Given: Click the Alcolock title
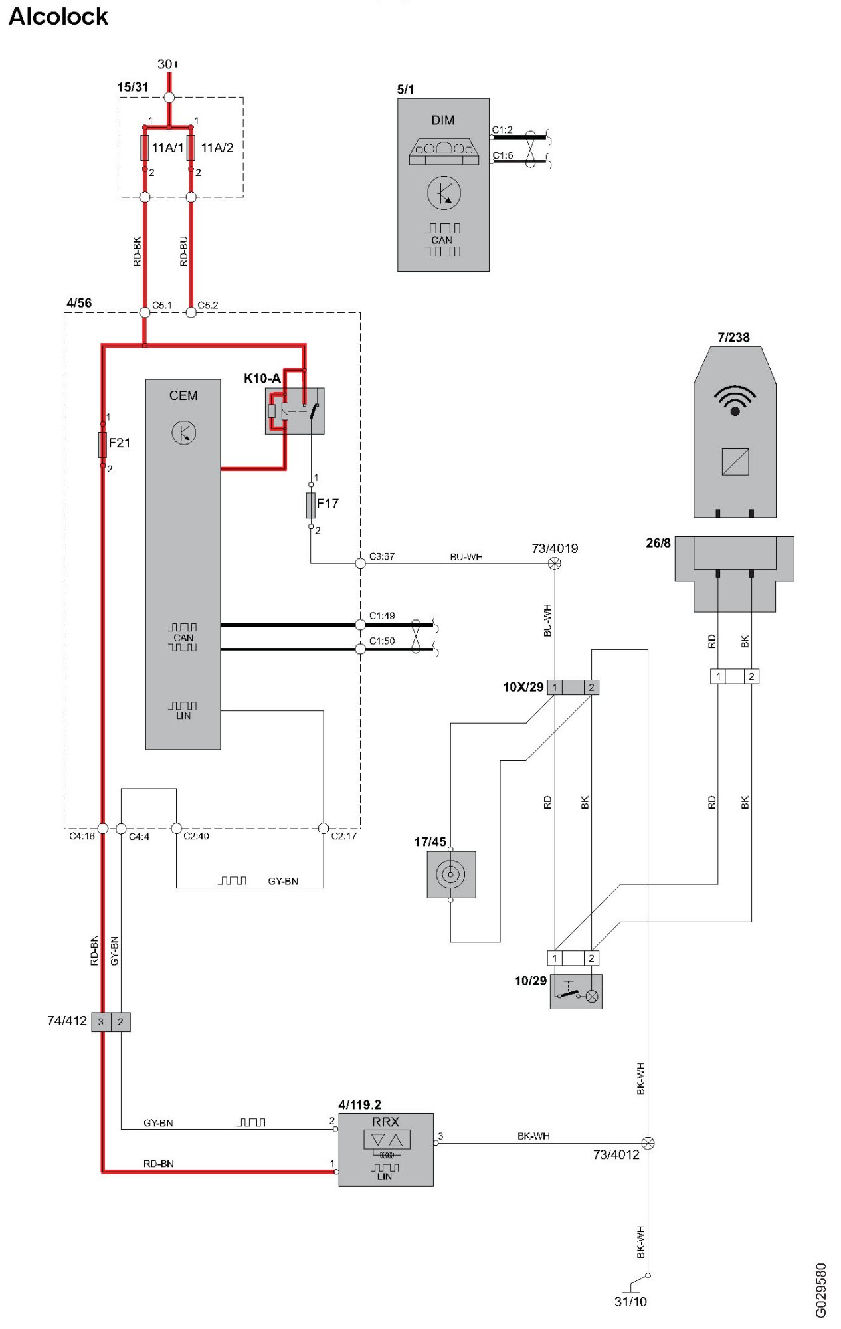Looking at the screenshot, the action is [58, 17].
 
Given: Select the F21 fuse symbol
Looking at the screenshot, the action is [102, 444].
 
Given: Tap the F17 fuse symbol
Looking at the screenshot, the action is [310, 505].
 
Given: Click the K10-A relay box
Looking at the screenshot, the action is [294, 411].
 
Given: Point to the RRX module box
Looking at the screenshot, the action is [386, 1150].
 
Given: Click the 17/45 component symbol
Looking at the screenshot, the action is [451, 874].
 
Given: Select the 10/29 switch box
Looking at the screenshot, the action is [576, 991].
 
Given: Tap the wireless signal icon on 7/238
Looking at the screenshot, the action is [735, 400].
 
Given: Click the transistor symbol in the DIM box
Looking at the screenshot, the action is [444, 193].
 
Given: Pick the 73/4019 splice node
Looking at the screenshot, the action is [555, 563].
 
